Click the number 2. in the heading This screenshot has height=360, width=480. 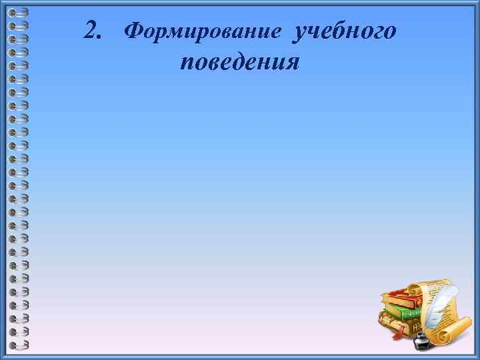(94, 30)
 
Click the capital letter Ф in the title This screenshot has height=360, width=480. (134, 31)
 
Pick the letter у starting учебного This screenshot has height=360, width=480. (297, 33)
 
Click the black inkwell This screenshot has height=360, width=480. (421, 341)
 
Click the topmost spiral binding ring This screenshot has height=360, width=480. (21, 13)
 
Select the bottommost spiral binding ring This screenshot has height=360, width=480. (21, 345)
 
